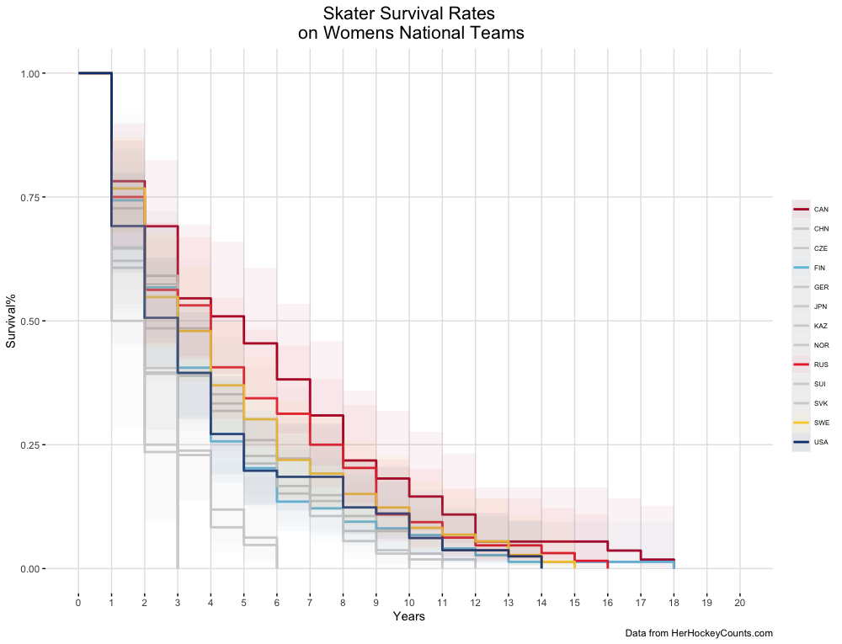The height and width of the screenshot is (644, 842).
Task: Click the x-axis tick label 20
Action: [740, 602]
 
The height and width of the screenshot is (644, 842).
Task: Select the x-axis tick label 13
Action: [509, 602]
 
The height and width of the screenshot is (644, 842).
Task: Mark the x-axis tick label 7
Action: [310, 602]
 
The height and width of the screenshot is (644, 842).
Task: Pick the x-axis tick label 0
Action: [78, 602]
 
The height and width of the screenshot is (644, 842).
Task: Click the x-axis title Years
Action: [408, 617]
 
